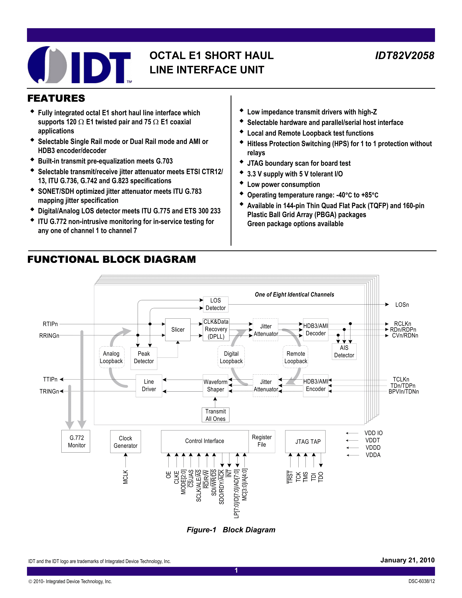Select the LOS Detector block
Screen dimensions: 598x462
click(215, 304)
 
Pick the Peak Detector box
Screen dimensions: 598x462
click(144, 357)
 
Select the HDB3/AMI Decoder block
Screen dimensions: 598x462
click(316, 330)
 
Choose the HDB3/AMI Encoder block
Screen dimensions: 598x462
click(316, 385)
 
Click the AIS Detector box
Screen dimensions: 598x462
click(344, 352)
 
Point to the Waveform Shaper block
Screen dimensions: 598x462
click(215, 385)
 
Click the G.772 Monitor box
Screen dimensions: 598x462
click(76, 441)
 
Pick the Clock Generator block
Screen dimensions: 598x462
click(125, 442)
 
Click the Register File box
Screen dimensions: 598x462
click(262, 441)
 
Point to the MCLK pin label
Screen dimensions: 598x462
click(125, 477)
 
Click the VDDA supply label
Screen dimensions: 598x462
click(373, 455)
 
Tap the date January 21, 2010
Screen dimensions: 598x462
click(407, 560)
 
